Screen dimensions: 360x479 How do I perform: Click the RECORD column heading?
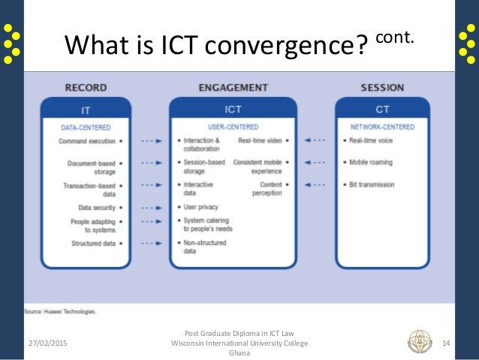click(x=86, y=87)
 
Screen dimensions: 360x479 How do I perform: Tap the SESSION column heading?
click(x=383, y=87)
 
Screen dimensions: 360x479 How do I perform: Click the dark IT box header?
click(x=86, y=109)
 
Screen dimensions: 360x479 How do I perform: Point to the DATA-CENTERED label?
click(x=86, y=127)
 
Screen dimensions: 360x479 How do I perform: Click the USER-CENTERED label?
click(x=233, y=127)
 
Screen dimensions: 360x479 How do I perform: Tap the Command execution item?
click(x=88, y=141)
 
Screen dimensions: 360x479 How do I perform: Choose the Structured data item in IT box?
click(x=93, y=243)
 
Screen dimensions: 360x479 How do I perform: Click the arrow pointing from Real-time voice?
click(x=315, y=141)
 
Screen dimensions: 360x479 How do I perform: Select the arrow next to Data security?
click(x=152, y=207)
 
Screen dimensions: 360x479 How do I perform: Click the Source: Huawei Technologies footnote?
click(x=59, y=310)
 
